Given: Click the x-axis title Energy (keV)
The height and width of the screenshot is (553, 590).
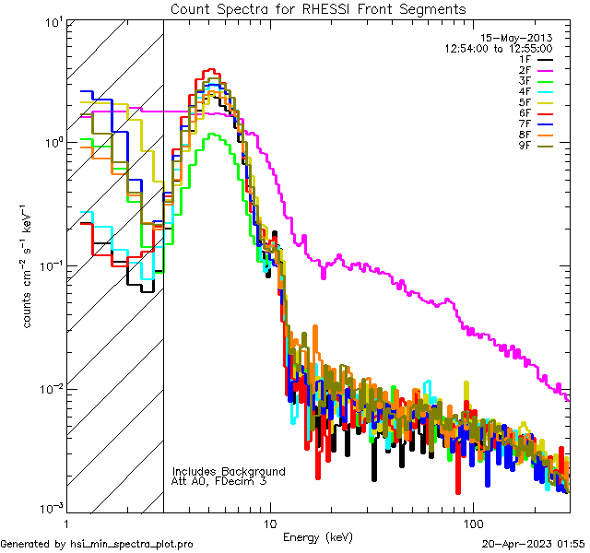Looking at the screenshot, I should (x=317, y=536).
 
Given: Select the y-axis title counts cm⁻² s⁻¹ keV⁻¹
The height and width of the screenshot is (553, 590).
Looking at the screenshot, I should (x=29, y=265).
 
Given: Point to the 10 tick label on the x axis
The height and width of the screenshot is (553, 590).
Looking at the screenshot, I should (x=269, y=523).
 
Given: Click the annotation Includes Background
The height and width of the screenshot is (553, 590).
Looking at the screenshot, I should (x=229, y=471).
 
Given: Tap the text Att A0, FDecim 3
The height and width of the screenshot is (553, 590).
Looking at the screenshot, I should (x=219, y=481).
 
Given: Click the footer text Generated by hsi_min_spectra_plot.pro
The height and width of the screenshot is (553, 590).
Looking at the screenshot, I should (x=97, y=544).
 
